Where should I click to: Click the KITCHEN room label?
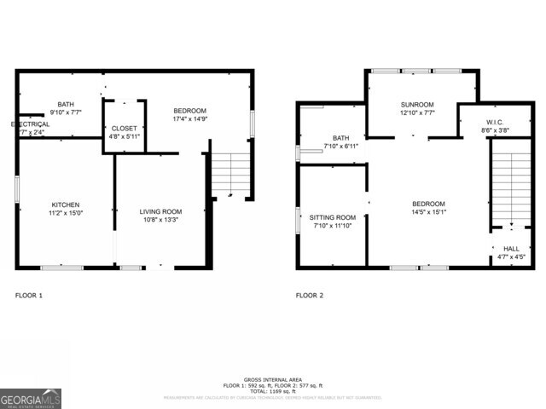pyautogui.click(x=66, y=204)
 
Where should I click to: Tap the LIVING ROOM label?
pyautogui.click(x=161, y=211)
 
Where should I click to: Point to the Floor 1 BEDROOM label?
pyautogui.click(x=190, y=111)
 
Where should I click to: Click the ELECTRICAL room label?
pyautogui.click(x=30, y=124)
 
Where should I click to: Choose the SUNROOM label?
pyautogui.click(x=418, y=105)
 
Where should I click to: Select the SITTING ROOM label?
pyautogui.click(x=333, y=217)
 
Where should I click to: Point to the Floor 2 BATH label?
pyautogui.click(x=341, y=138)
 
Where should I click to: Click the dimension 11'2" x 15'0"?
pyautogui.click(x=66, y=214)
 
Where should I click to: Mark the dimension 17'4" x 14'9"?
pyautogui.click(x=190, y=119)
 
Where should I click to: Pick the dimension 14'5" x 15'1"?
pyautogui.click(x=428, y=212)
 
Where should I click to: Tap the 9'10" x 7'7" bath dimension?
pyautogui.click(x=66, y=112)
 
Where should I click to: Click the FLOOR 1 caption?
pyautogui.click(x=29, y=296)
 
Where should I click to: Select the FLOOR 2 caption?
pyautogui.click(x=310, y=296)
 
